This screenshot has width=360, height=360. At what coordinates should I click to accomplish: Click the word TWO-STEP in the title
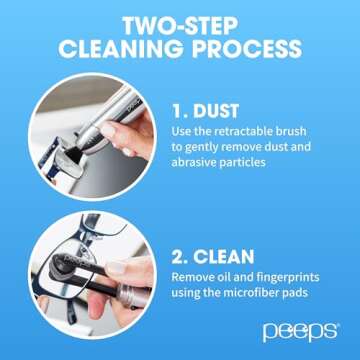180,23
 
